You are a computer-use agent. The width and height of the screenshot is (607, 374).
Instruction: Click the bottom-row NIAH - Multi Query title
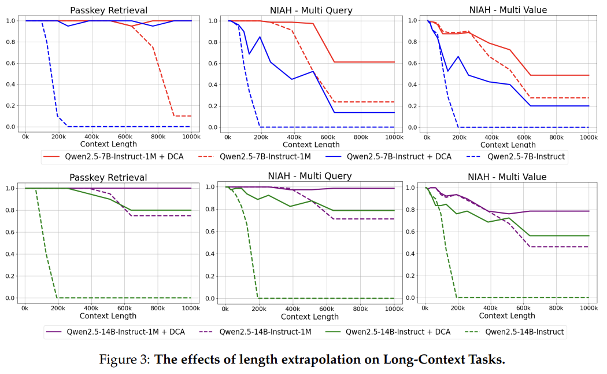[309, 176]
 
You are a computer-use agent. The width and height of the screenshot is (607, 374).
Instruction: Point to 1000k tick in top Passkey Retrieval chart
[191, 137]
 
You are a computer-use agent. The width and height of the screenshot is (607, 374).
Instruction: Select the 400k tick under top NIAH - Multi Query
[294, 137]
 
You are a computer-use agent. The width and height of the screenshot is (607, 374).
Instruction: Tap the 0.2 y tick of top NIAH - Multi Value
[412, 106]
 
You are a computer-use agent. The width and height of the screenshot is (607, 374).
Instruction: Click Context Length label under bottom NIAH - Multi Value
[508, 316]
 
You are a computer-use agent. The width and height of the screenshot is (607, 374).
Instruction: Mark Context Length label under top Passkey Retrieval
[108, 144]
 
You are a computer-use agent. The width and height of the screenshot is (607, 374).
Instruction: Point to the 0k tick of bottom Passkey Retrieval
[25, 308]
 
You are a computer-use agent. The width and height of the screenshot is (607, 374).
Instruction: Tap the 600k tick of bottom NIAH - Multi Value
[524, 308]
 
